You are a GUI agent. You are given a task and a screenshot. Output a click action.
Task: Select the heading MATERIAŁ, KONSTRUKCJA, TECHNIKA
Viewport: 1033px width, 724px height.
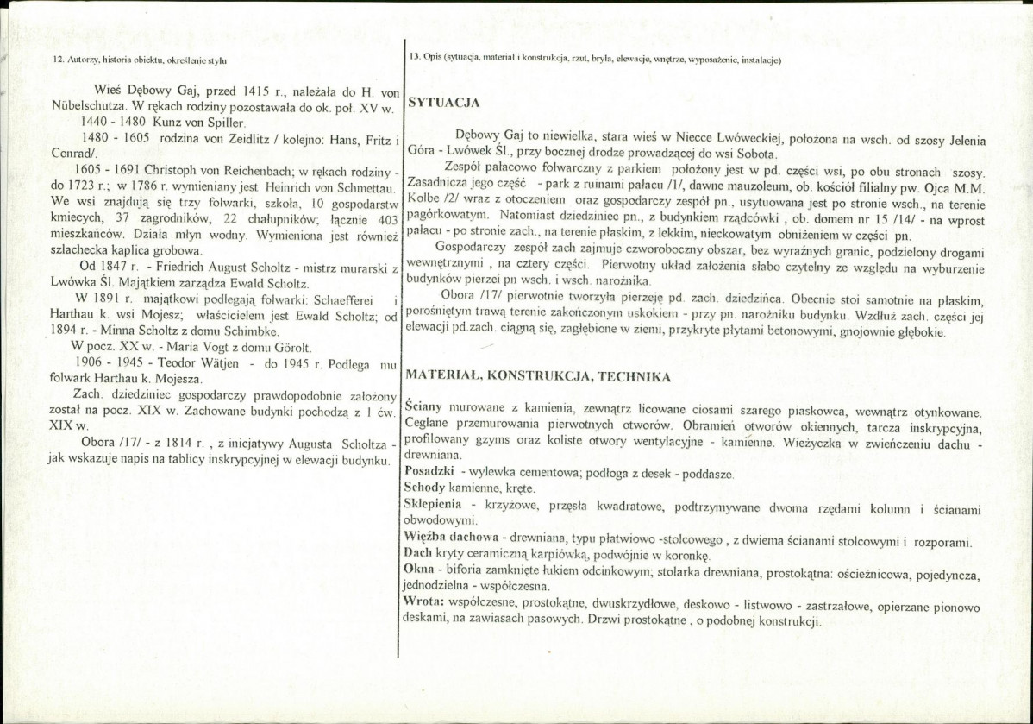tap(535, 376)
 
